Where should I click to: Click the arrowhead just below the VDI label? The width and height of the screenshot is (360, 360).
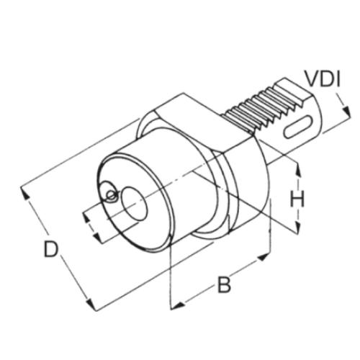(346, 112)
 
